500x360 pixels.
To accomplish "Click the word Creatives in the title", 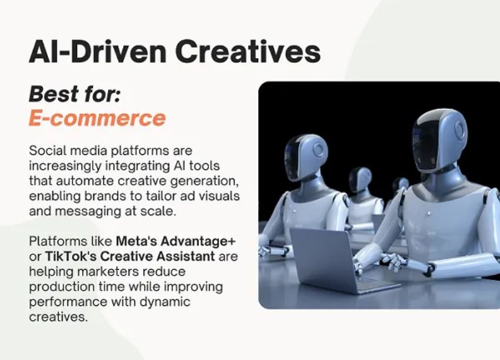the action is (x=248, y=52).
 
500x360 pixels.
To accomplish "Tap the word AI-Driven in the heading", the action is (x=98, y=52).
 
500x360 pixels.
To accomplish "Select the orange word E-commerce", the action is (x=97, y=118).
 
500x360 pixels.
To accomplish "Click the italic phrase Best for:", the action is (x=74, y=95).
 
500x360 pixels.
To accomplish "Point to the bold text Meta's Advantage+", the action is (x=176, y=241).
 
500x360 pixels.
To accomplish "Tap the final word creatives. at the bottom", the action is (x=58, y=317).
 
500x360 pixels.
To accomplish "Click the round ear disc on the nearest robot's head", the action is (x=460, y=129).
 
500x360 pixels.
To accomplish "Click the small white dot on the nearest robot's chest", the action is (x=430, y=213).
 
